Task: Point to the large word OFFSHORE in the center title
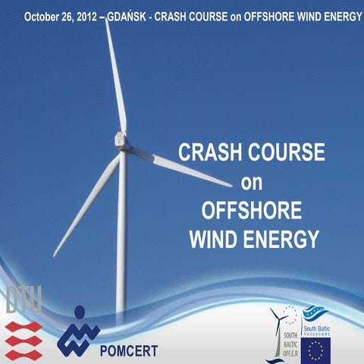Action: coord(251,211)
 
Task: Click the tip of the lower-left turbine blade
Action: coord(55,254)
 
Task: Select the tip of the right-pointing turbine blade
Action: coord(231,184)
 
